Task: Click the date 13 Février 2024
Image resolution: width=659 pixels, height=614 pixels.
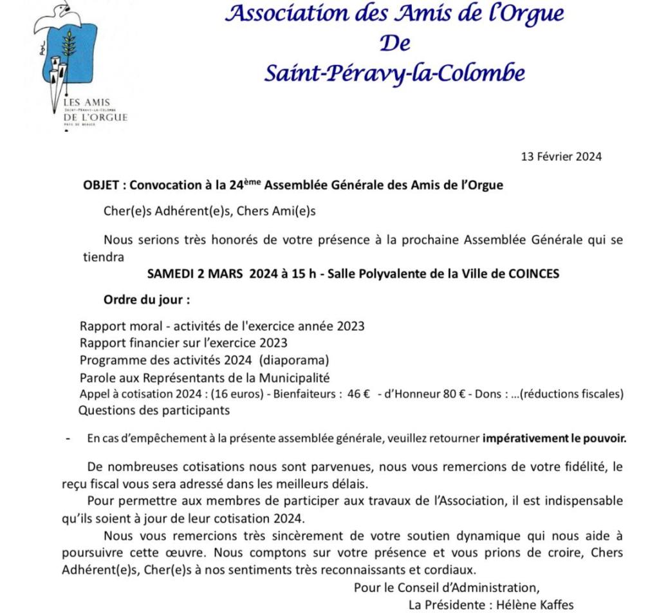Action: tap(561, 156)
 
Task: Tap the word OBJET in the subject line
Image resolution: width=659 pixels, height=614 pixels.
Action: tap(101, 185)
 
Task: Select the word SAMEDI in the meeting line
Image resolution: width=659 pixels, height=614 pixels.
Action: tap(169, 274)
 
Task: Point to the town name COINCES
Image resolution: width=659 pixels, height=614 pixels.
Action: tap(534, 274)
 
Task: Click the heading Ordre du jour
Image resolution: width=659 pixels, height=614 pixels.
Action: tap(147, 300)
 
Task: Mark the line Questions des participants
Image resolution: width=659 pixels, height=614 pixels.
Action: tap(154, 409)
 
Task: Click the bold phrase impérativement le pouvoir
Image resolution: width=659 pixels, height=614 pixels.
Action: tap(554, 439)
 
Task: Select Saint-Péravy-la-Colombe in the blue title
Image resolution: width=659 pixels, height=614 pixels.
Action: tap(394, 73)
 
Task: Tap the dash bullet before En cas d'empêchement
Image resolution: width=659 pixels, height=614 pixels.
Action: tap(68, 439)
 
